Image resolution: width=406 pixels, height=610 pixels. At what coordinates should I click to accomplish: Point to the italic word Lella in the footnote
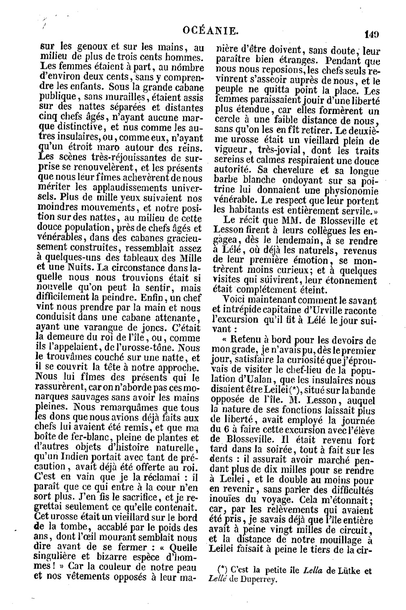coord(313,571)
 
